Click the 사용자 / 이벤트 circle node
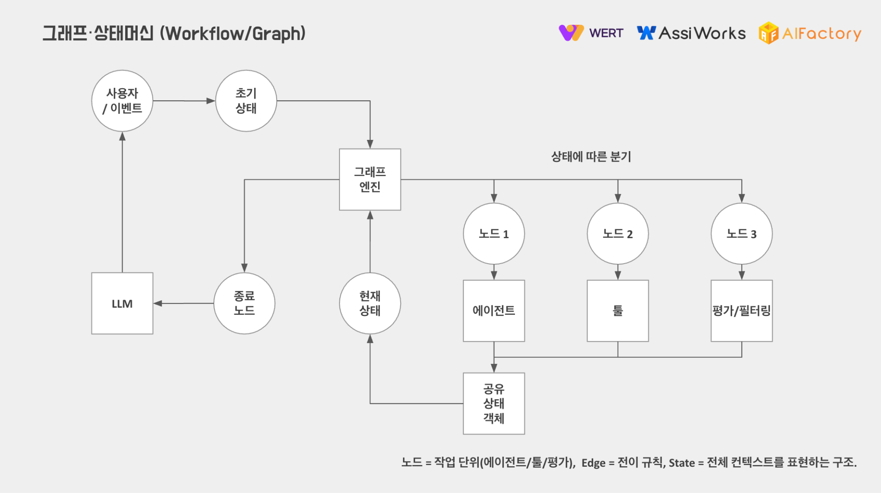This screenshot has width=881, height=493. [122, 101]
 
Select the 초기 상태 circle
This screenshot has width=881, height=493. [246, 101]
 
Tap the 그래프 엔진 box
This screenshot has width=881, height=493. [370, 180]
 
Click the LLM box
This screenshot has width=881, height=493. [122, 303]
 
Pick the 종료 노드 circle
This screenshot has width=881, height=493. [244, 303]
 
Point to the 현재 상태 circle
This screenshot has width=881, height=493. [370, 303]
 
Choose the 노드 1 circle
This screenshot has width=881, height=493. [494, 234]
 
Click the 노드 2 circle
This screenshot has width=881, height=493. [618, 234]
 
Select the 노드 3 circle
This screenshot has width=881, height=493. [742, 234]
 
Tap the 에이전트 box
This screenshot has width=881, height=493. [494, 310]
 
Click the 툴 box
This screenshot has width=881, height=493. [618, 310]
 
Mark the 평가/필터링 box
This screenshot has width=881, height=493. [742, 310]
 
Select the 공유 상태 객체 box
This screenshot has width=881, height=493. [494, 403]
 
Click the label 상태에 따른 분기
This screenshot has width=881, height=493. [591, 156]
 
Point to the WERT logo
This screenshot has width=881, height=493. [591, 33]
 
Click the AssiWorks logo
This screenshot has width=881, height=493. [691, 33]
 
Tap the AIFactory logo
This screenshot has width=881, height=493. [810, 33]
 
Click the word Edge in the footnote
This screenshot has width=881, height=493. [593, 463]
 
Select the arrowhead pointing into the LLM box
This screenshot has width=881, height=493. [157, 303]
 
